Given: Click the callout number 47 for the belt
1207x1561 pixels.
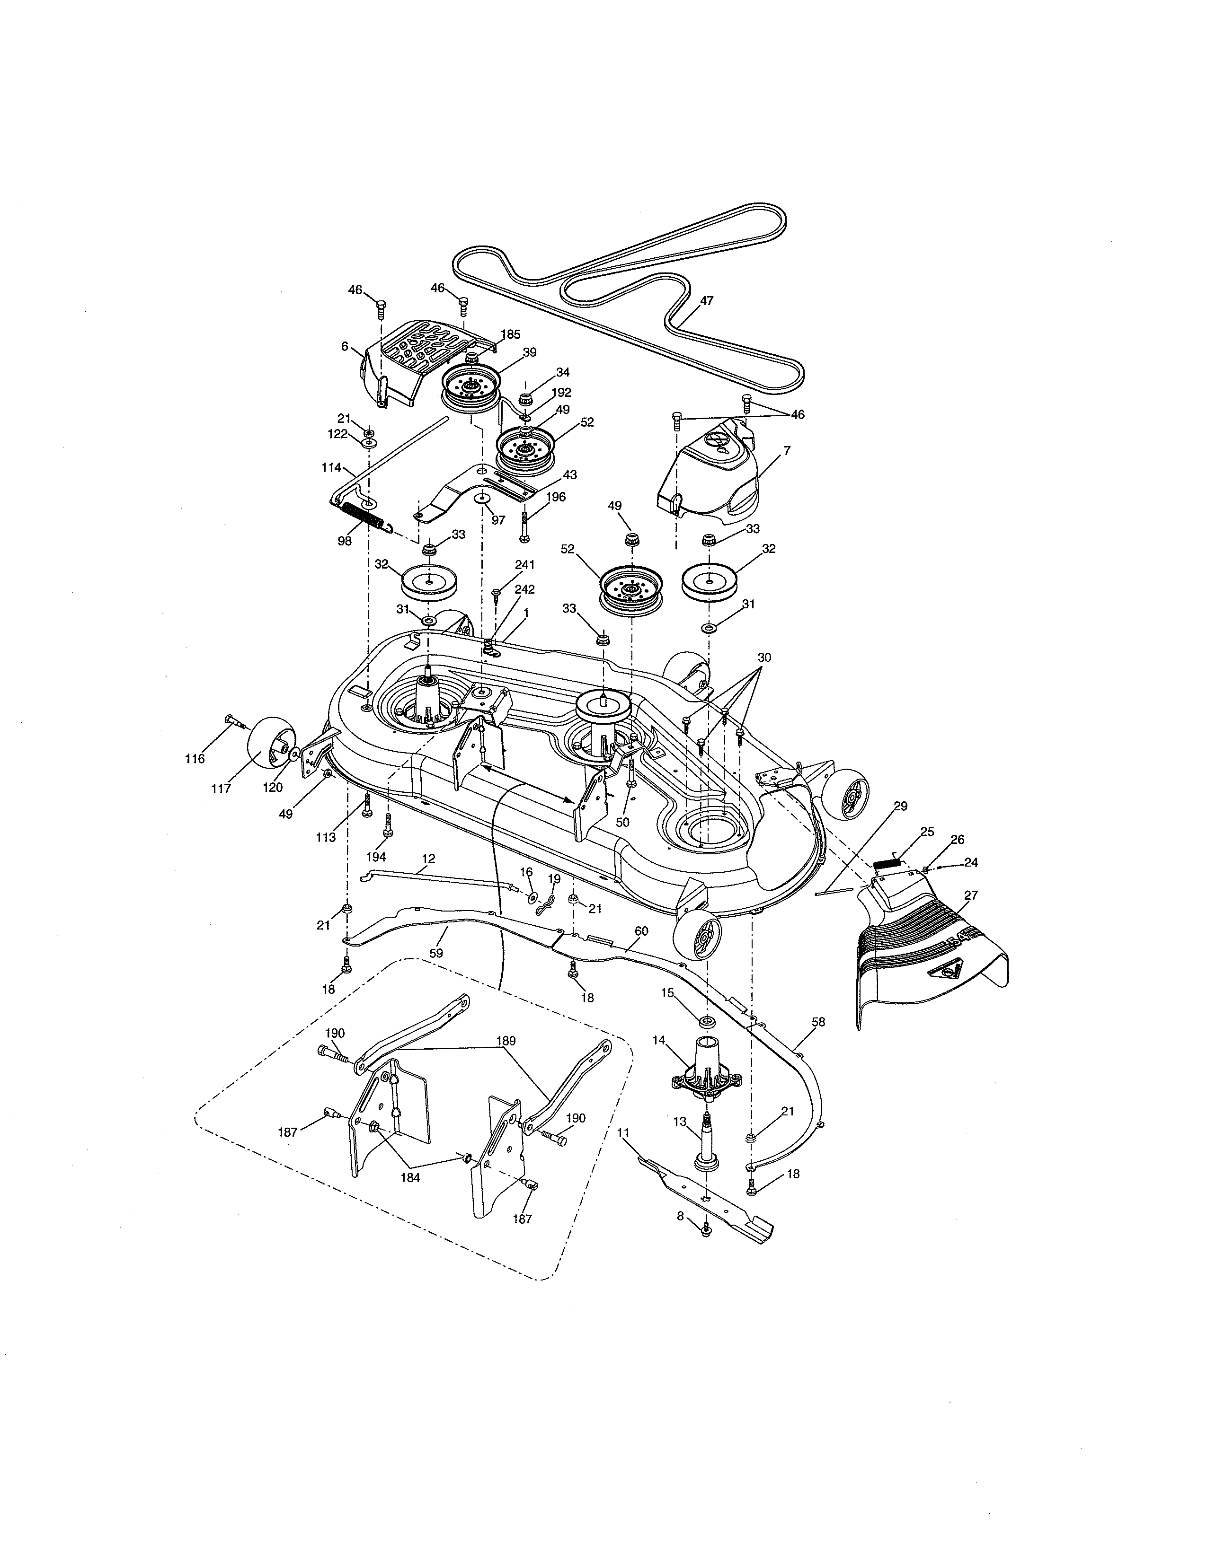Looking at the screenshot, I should [x=707, y=301].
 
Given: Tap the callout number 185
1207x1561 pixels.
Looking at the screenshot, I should [x=511, y=334].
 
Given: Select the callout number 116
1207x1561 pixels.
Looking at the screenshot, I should [x=195, y=758].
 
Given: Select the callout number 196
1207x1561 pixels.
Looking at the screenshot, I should [x=556, y=497].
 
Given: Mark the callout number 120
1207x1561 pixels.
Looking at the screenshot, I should [x=273, y=787].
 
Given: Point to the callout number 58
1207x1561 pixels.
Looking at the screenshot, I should [x=818, y=1022].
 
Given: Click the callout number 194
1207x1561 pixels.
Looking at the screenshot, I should [x=376, y=856].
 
